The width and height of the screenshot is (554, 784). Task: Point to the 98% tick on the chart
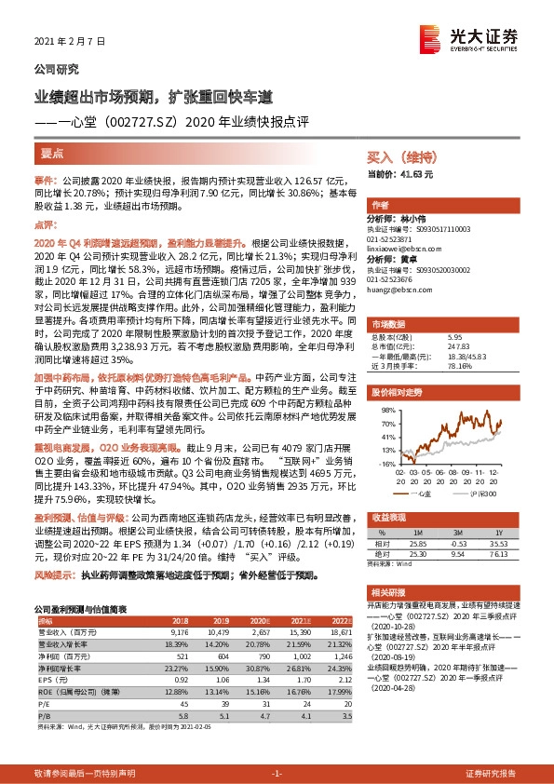coord(384,409)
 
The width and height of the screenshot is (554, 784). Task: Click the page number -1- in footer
coord(276,774)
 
